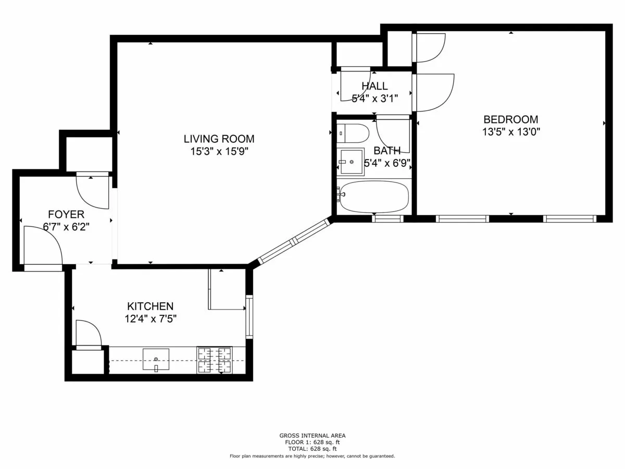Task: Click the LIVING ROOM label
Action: (219, 139)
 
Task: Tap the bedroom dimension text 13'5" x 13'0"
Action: (510, 132)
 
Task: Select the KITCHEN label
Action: (150, 306)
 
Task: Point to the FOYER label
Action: (66, 214)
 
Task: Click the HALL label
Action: (374, 86)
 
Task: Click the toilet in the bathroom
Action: (353, 133)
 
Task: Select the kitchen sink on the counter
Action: (156, 360)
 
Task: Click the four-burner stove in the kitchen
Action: (214, 360)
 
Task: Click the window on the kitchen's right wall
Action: (249, 316)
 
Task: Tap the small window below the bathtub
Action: (388, 219)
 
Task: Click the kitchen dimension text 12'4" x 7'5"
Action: (151, 319)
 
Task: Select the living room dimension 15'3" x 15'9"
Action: (219, 152)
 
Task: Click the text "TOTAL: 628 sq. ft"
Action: (312, 449)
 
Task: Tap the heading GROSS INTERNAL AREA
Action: (312, 436)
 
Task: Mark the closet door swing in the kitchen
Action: (87, 334)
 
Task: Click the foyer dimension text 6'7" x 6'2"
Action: (66, 227)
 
